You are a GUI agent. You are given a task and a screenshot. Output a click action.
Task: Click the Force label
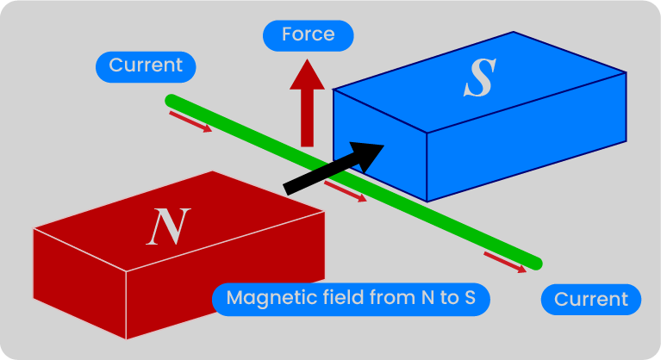[x=308, y=34]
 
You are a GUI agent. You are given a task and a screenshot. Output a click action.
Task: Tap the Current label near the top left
[x=146, y=65]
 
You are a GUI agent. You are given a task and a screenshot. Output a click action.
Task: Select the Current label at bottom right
[x=591, y=300]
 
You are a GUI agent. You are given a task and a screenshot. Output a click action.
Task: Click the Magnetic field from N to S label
[x=351, y=299]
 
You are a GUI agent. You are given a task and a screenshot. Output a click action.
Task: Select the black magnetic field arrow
[x=333, y=166]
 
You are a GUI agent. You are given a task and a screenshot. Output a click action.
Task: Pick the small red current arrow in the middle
[x=346, y=191]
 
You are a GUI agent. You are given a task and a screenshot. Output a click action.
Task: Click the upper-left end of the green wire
[x=171, y=101]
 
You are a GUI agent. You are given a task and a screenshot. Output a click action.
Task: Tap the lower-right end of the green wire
[x=536, y=263]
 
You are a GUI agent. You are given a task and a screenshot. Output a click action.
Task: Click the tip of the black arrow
[x=383, y=145]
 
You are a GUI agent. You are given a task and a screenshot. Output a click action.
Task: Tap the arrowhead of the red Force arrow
[x=307, y=75]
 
